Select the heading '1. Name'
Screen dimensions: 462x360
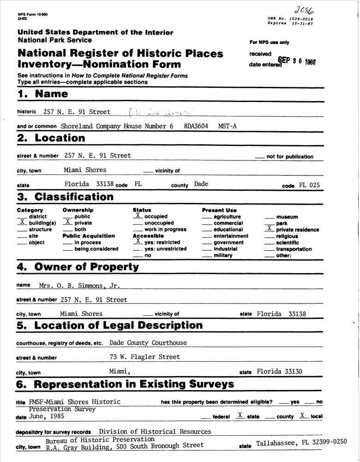point(42,94)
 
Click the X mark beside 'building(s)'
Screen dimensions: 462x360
point(22,222)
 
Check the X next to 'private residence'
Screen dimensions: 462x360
point(269,229)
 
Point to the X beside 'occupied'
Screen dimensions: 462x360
point(138,216)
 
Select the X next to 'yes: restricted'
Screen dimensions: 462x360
point(138,242)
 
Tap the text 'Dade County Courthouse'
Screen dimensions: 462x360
point(148,343)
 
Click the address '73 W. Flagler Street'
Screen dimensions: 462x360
point(145,357)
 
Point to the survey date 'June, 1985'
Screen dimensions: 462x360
point(47,416)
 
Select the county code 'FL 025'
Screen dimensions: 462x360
point(309,185)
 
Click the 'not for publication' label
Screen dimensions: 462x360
point(289,157)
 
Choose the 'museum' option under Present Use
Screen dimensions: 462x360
point(287,217)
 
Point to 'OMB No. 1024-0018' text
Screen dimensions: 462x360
point(290,18)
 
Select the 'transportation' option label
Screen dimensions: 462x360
point(294,249)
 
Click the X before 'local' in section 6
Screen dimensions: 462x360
point(303,415)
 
